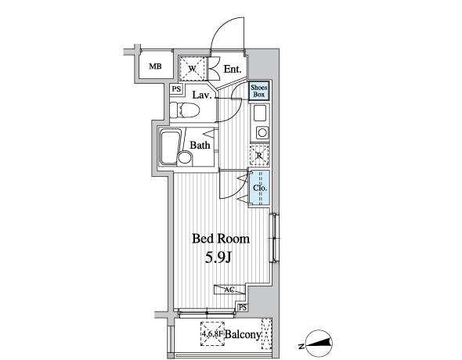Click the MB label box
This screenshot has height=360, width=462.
[156, 67]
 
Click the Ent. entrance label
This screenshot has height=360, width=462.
[233, 70]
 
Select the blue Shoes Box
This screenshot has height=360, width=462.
[259, 91]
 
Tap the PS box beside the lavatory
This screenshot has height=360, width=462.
[176, 89]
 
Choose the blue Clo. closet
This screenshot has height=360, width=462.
[260, 189]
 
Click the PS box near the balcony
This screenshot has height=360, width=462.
[244, 308]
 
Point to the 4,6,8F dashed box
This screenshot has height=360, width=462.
[212, 332]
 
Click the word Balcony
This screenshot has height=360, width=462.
[244, 334]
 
